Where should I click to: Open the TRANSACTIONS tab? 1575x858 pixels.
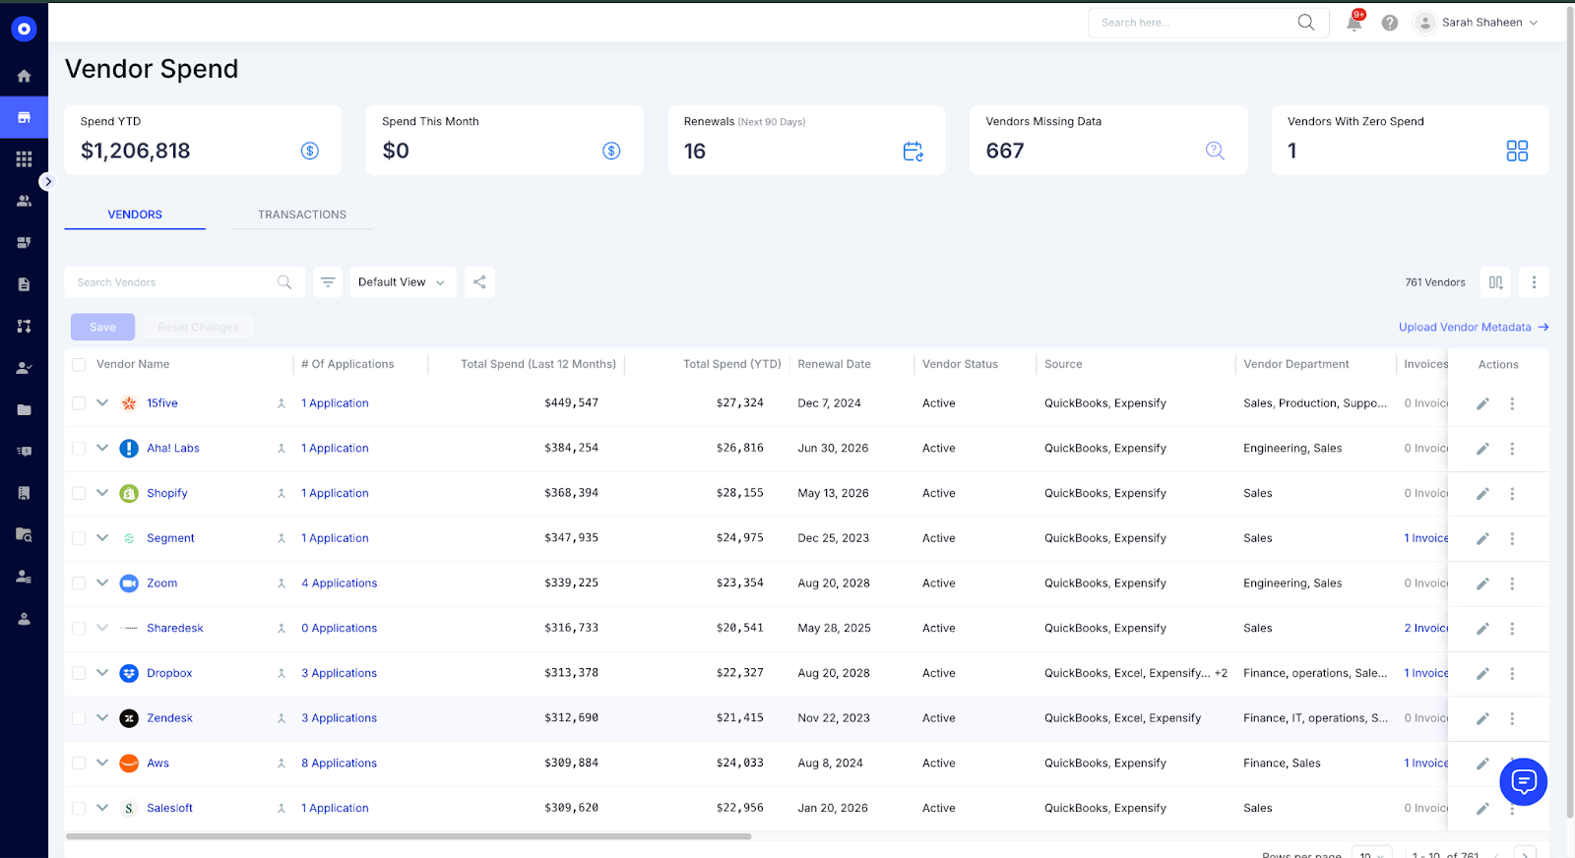301,214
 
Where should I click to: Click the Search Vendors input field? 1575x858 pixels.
172,282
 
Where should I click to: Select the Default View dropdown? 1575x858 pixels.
402,282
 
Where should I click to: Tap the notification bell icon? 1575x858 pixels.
1354,23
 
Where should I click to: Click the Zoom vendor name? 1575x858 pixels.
162,583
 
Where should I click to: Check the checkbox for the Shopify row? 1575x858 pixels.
79,494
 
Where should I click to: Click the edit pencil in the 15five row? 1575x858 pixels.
1482,403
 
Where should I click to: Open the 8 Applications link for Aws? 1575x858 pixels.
339,764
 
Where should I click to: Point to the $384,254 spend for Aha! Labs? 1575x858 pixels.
571,448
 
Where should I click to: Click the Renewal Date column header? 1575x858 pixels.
834,364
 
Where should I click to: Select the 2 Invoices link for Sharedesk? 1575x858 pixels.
1425,629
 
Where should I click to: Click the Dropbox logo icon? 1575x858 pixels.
129,674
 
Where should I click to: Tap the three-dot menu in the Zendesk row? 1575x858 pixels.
1512,719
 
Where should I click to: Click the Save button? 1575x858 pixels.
102,328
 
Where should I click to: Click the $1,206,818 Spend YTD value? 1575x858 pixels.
136,151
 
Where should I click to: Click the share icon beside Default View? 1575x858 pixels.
479,282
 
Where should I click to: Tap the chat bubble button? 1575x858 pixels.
1523,782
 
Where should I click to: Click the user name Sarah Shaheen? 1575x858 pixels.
1481,23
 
